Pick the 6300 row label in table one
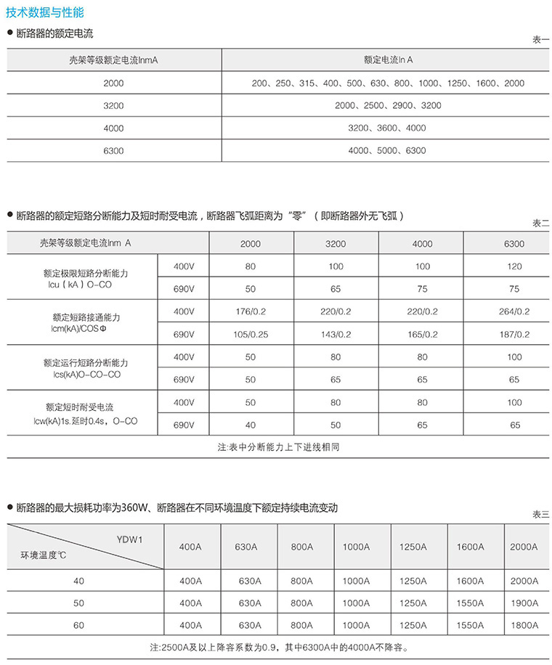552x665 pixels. pos(113,150)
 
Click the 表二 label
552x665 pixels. pos(542,223)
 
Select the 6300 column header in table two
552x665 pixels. pos(514,244)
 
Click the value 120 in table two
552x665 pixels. pos(514,266)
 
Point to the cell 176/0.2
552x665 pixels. pos(251,311)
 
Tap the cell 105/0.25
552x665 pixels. pos(251,334)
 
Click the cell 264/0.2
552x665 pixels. pos(514,311)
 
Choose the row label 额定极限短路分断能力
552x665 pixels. pos(86,274)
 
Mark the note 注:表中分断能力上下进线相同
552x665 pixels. pos(278,447)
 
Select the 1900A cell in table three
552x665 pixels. pos(524,603)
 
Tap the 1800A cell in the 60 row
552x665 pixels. pos(524,624)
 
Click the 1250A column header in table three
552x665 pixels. pos(412,546)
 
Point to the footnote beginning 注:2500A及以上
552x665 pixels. pos(278,646)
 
